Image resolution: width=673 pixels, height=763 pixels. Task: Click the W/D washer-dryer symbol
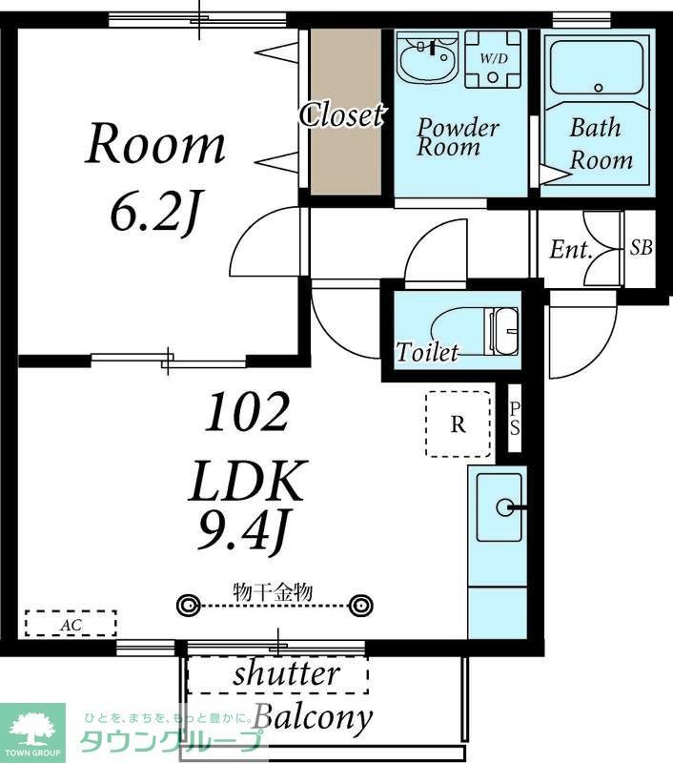pos(493,59)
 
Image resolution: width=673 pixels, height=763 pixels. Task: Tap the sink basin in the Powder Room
pos(427,58)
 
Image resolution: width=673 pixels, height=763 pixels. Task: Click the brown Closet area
pos(346,112)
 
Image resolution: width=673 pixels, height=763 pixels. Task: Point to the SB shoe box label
pos(641,248)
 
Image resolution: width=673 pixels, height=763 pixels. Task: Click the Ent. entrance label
pos(571,250)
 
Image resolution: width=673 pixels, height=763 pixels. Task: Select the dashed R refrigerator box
pos(458,423)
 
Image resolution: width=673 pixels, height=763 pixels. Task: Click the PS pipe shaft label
pos(515,419)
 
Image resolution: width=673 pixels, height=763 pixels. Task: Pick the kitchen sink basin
pos(499,507)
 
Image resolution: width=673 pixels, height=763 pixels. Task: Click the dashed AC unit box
pos(71,624)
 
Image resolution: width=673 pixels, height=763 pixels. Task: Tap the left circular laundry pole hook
pos(188,606)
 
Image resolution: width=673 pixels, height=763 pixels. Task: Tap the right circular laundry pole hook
pos(361,606)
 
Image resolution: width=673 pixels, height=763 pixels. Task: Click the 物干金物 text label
pos(273,591)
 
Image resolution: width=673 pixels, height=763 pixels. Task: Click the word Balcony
pos(314,717)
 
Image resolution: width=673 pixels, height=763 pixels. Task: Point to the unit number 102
pos(247,412)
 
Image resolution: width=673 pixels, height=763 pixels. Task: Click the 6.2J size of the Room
pos(155,213)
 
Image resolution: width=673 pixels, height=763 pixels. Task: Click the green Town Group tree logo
pos(32,732)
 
